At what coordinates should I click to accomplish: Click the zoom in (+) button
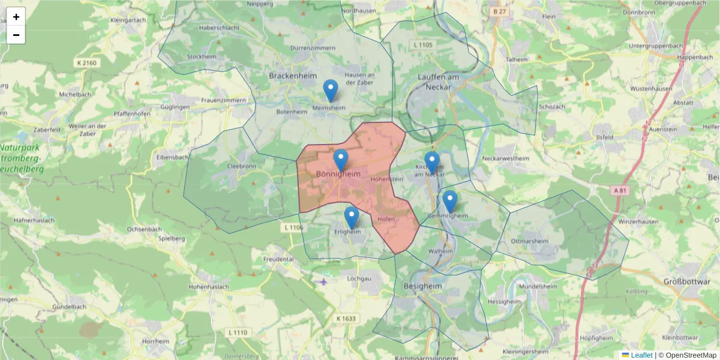pyautogui.click(x=16, y=17)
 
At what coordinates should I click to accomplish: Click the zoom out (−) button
pyautogui.click(x=16, y=35)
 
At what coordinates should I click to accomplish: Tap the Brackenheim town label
pyautogui.click(x=293, y=76)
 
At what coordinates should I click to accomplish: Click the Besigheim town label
pyautogui.click(x=422, y=287)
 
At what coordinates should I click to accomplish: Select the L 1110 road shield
pyautogui.click(x=238, y=332)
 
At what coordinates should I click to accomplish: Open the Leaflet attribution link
pyautogui.click(x=641, y=355)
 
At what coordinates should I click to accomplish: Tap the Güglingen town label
pyautogui.click(x=175, y=107)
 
